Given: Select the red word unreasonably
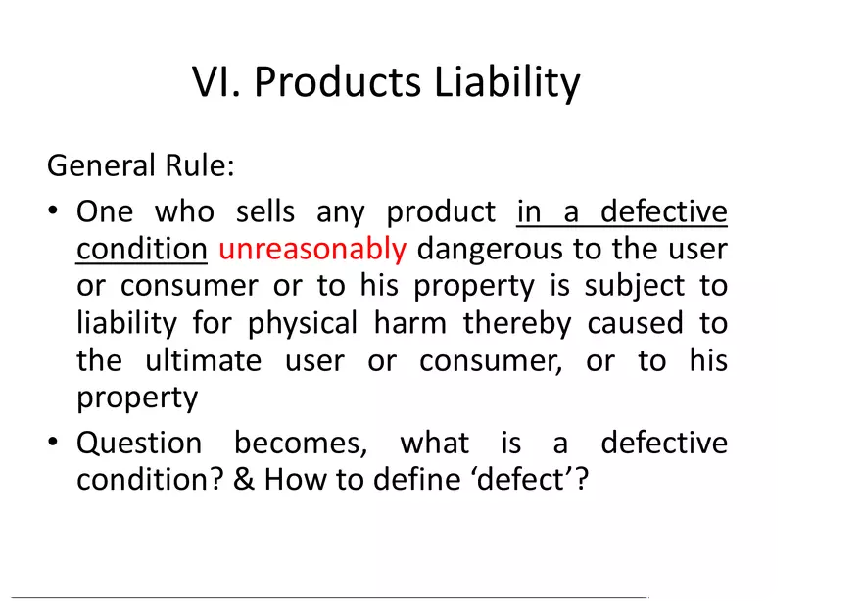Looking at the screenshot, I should click(311, 250).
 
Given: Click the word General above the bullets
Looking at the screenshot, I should click(90, 164).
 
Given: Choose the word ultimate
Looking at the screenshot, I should click(203, 361).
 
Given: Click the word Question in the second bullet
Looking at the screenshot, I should click(139, 444).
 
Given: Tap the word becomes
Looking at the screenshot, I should click(301, 444).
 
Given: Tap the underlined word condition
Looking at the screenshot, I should click(141, 250).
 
